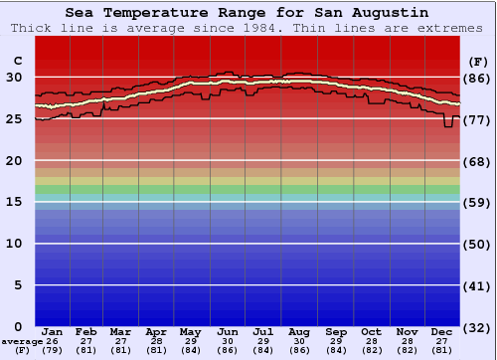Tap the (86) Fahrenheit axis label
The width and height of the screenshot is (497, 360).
point(476,78)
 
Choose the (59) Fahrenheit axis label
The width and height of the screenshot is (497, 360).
point(476,203)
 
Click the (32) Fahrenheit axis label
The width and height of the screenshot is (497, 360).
point(476,327)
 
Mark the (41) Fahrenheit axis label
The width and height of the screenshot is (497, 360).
point(476,285)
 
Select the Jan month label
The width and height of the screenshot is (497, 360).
point(53,331)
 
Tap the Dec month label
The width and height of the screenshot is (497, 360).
point(442,331)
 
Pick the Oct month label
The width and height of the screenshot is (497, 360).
point(371,331)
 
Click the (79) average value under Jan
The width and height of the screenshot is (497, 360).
point(53,349)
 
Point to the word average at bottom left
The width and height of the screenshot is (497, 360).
point(22,340)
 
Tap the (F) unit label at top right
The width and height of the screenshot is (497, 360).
point(476,61)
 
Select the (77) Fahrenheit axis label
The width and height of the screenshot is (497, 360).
point(476,119)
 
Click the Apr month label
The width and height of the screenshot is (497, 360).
point(156,331)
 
